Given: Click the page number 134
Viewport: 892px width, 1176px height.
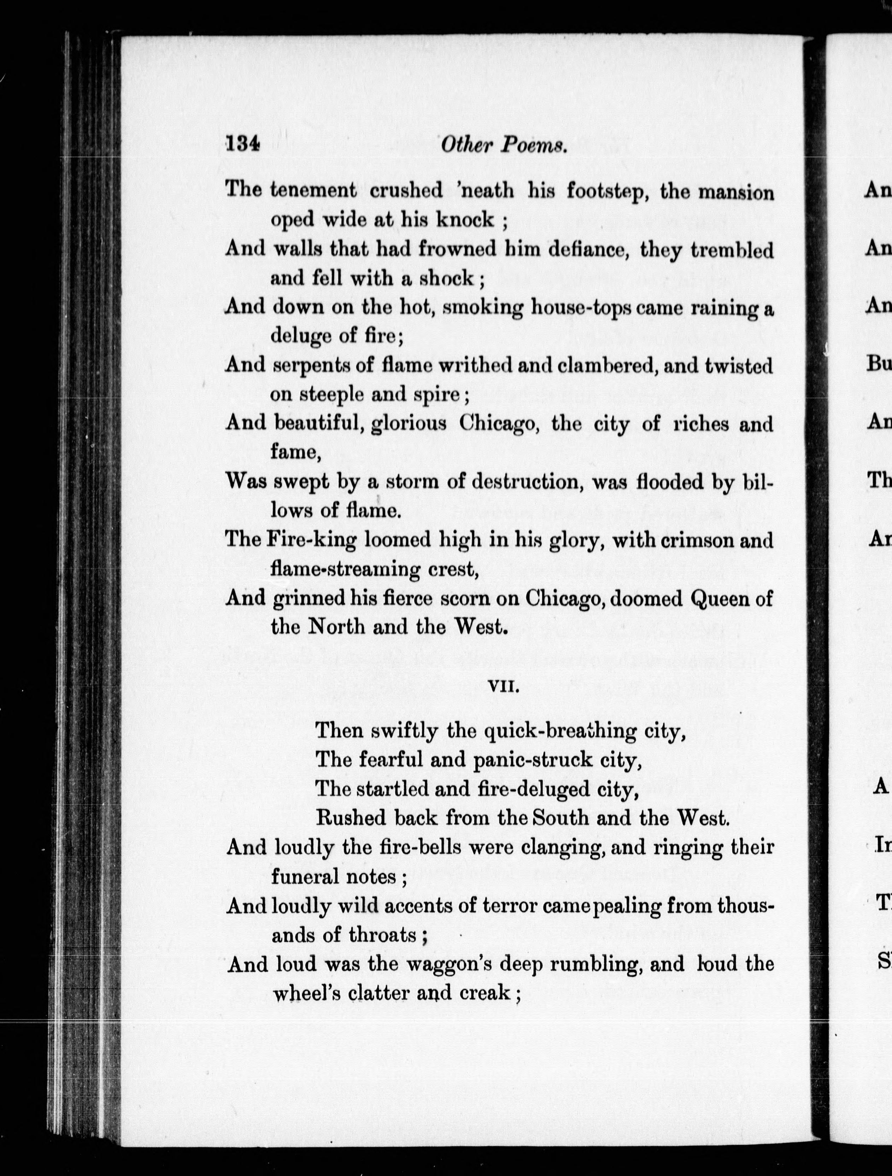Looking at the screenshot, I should [x=242, y=144].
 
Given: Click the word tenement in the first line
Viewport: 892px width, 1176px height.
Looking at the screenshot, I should [x=313, y=190].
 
